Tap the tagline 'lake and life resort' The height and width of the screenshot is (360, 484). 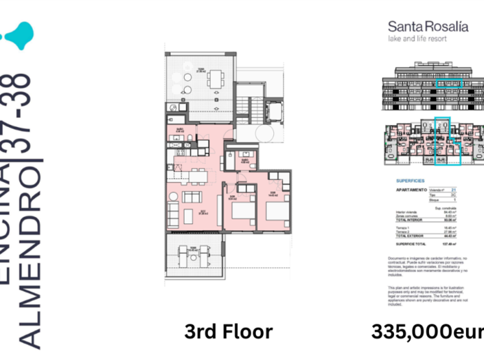click(417, 39)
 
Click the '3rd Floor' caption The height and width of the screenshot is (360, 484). click(229, 333)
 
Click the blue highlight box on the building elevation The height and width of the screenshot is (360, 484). click(450, 82)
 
